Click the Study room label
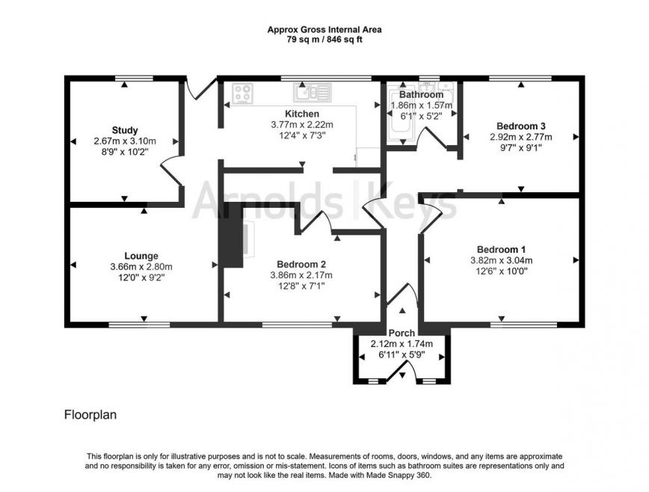coord(125,130)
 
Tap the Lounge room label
coord(141,256)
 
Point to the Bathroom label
coord(421,95)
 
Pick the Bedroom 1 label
coord(501,249)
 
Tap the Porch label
coord(402,333)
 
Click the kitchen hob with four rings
coord(242,93)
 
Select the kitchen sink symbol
coord(313,93)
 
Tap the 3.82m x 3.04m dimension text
coord(501,260)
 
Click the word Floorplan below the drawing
coord(90,413)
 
